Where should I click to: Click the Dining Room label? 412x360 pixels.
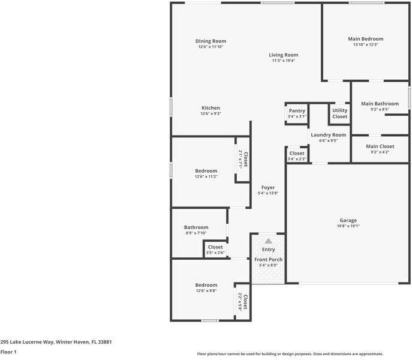(x=210, y=41)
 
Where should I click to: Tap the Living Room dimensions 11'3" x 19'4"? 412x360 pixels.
(x=284, y=61)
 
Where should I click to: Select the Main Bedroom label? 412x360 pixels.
(x=365, y=39)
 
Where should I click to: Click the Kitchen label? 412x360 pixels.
(x=210, y=108)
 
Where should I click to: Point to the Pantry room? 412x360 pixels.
(x=297, y=113)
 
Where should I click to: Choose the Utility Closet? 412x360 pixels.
(x=339, y=113)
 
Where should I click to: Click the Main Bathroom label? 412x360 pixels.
(x=380, y=104)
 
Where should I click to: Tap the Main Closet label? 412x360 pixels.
(x=380, y=146)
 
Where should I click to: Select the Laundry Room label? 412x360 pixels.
(x=328, y=135)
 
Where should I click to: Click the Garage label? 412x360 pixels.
(x=348, y=220)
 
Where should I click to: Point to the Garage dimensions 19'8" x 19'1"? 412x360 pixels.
(x=348, y=227)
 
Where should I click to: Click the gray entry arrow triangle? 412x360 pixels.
(x=268, y=241)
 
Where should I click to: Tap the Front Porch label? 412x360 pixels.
(x=268, y=259)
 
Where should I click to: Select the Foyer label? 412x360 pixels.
(x=267, y=187)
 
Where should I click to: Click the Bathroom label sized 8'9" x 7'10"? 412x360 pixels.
(x=196, y=227)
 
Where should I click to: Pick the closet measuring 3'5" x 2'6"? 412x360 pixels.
(x=215, y=250)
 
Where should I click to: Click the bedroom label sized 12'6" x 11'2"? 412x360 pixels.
(x=206, y=171)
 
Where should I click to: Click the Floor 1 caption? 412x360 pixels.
(x=8, y=352)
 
